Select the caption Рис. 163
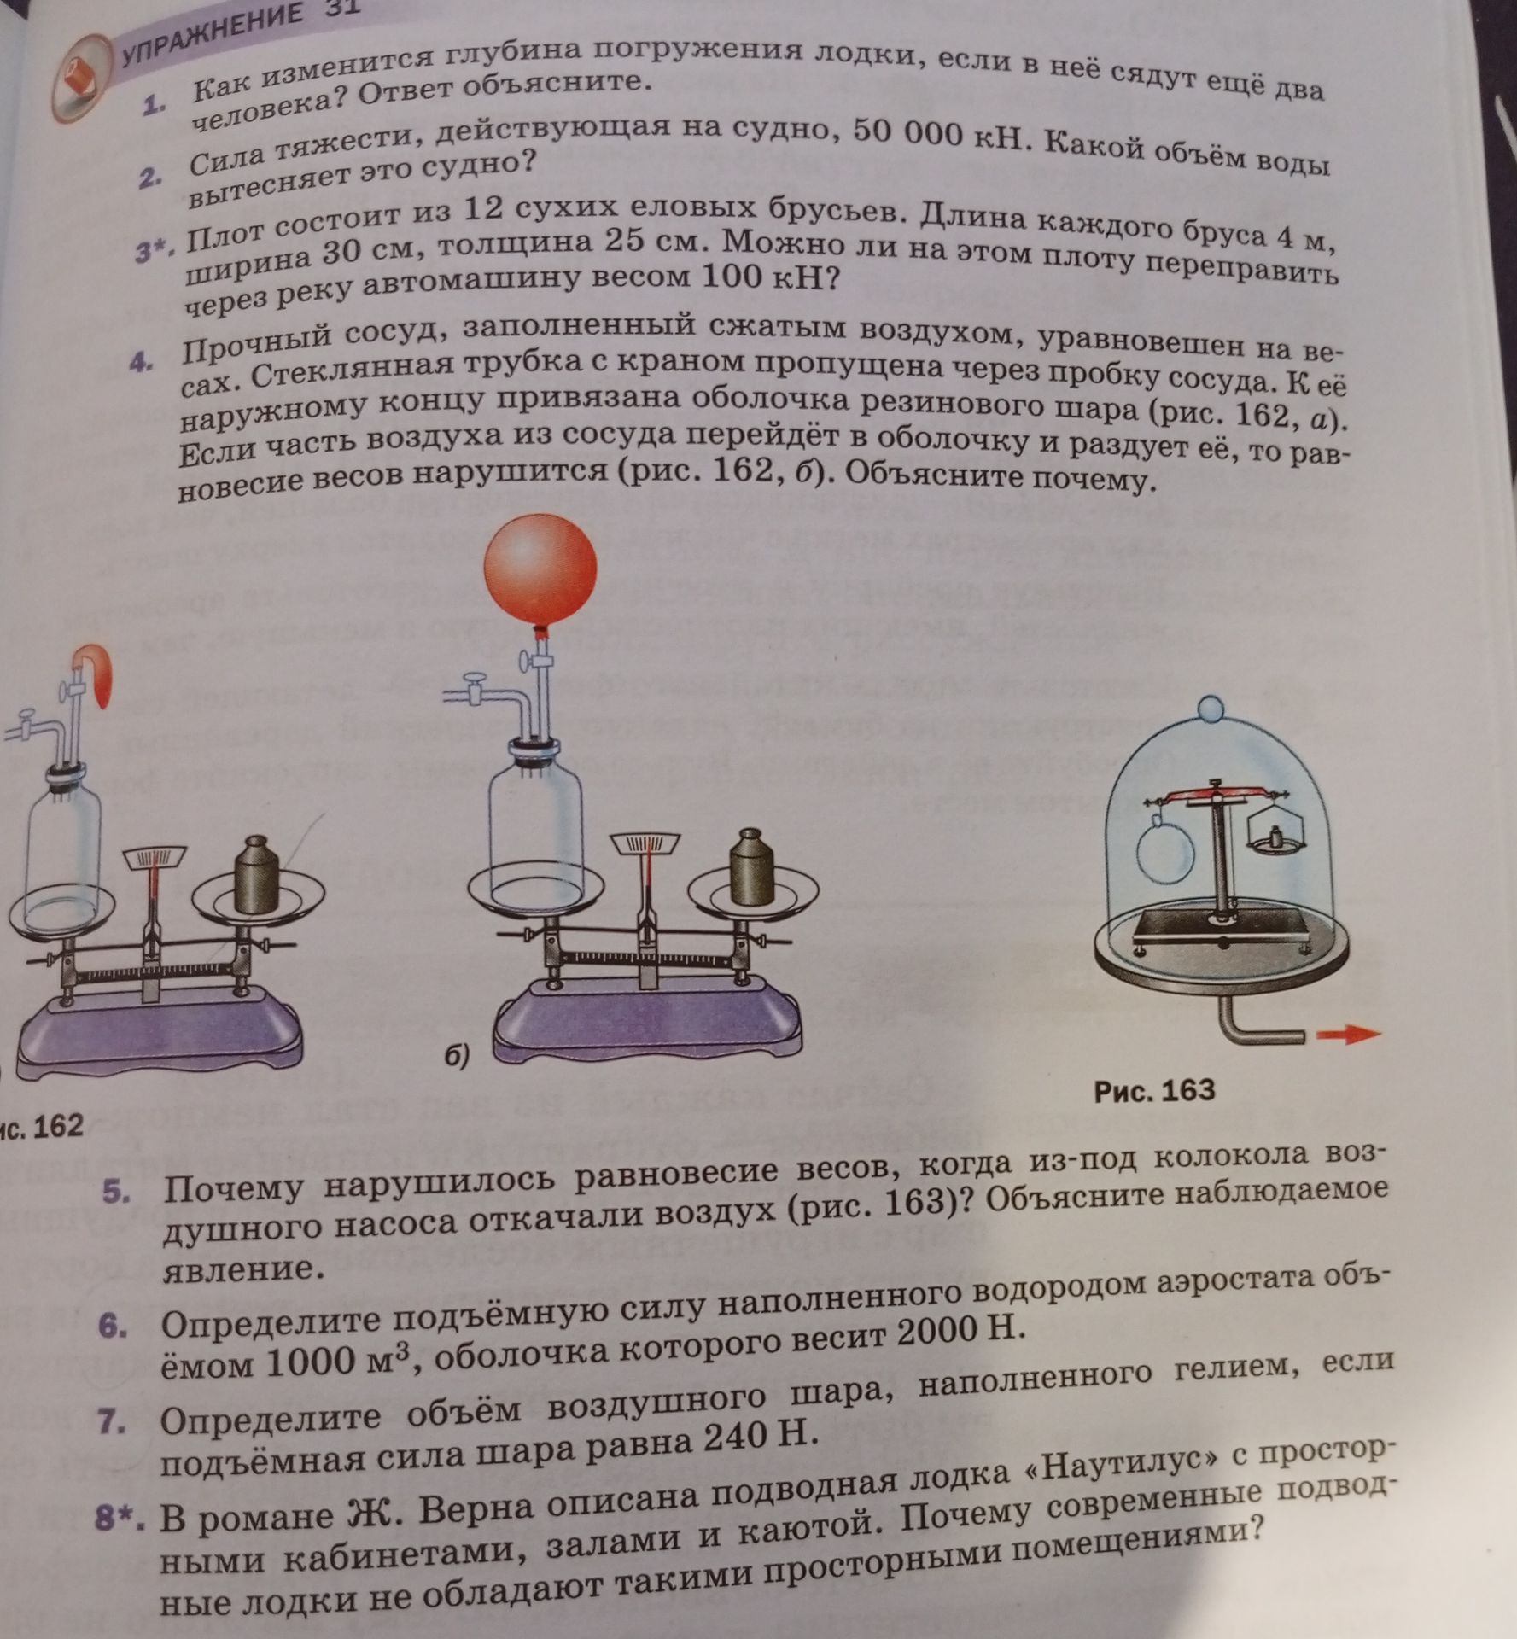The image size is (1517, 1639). tap(1154, 1090)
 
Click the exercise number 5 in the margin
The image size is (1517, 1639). tap(116, 1192)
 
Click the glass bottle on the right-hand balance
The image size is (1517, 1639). tap(534, 819)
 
